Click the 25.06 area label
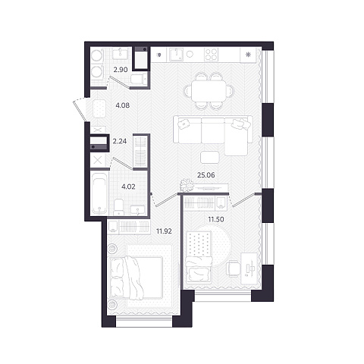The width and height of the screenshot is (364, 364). pyautogui.click(x=206, y=175)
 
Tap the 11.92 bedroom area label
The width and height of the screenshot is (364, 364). pyautogui.click(x=164, y=231)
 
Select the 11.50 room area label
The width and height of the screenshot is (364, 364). pyautogui.click(x=216, y=219)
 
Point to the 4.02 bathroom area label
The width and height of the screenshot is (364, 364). pyautogui.click(x=128, y=187)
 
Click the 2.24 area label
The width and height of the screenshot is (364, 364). pyautogui.click(x=120, y=141)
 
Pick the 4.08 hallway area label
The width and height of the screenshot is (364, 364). pyautogui.click(x=123, y=105)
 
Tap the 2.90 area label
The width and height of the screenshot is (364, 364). pyautogui.click(x=121, y=70)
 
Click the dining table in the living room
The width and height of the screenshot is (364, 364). pyautogui.click(x=208, y=91)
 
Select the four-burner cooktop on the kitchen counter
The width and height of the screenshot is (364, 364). pyautogui.click(x=211, y=55)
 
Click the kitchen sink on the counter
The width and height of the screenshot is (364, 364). pyautogui.click(x=176, y=55)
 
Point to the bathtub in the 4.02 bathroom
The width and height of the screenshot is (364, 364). pyautogui.click(x=99, y=193)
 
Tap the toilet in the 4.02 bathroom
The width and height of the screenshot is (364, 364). pyautogui.click(x=118, y=207)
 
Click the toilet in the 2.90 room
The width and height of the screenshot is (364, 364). pyautogui.click(x=139, y=79)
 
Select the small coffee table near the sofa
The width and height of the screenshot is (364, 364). pyautogui.click(x=209, y=158)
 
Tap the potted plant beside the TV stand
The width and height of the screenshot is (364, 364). pyautogui.click(x=187, y=185)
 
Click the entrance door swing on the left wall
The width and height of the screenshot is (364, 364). pyautogui.click(x=79, y=109)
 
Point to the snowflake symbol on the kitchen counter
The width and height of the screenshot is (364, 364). pyautogui.click(x=248, y=55)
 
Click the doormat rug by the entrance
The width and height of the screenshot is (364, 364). pyautogui.click(x=99, y=108)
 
